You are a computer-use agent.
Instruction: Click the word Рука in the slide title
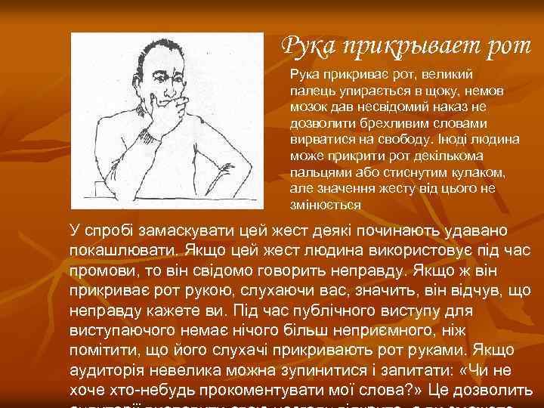click(x=308, y=46)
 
